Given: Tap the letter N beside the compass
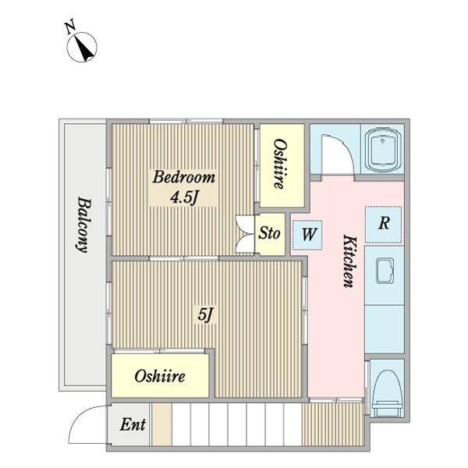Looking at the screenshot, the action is pyautogui.click(x=70, y=27).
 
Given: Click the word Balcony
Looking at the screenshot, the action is pyautogui.click(x=83, y=225).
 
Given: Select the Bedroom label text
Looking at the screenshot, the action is pyautogui.click(x=184, y=177).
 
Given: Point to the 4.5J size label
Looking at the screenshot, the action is pyautogui.click(x=184, y=197).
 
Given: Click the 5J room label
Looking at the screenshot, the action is pyautogui.click(x=206, y=314).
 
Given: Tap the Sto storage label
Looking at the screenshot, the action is pyautogui.click(x=269, y=233).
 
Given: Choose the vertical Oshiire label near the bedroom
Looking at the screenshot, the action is pyautogui.click(x=281, y=164).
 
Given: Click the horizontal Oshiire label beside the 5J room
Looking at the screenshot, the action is pyautogui.click(x=160, y=377).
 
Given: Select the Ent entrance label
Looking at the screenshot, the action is pyautogui.click(x=133, y=424).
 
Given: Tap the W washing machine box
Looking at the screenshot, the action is pyautogui.click(x=307, y=236).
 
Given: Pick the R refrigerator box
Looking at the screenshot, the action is pyautogui.click(x=384, y=225).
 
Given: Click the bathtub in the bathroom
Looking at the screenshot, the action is pyautogui.click(x=383, y=150).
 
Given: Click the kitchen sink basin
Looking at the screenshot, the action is pyautogui.click(x=385, y=271).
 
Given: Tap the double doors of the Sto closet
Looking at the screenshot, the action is pyautogui.click(x=245, y=234).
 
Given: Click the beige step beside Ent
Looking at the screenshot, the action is pyautogui.click(x=161, y=424).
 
